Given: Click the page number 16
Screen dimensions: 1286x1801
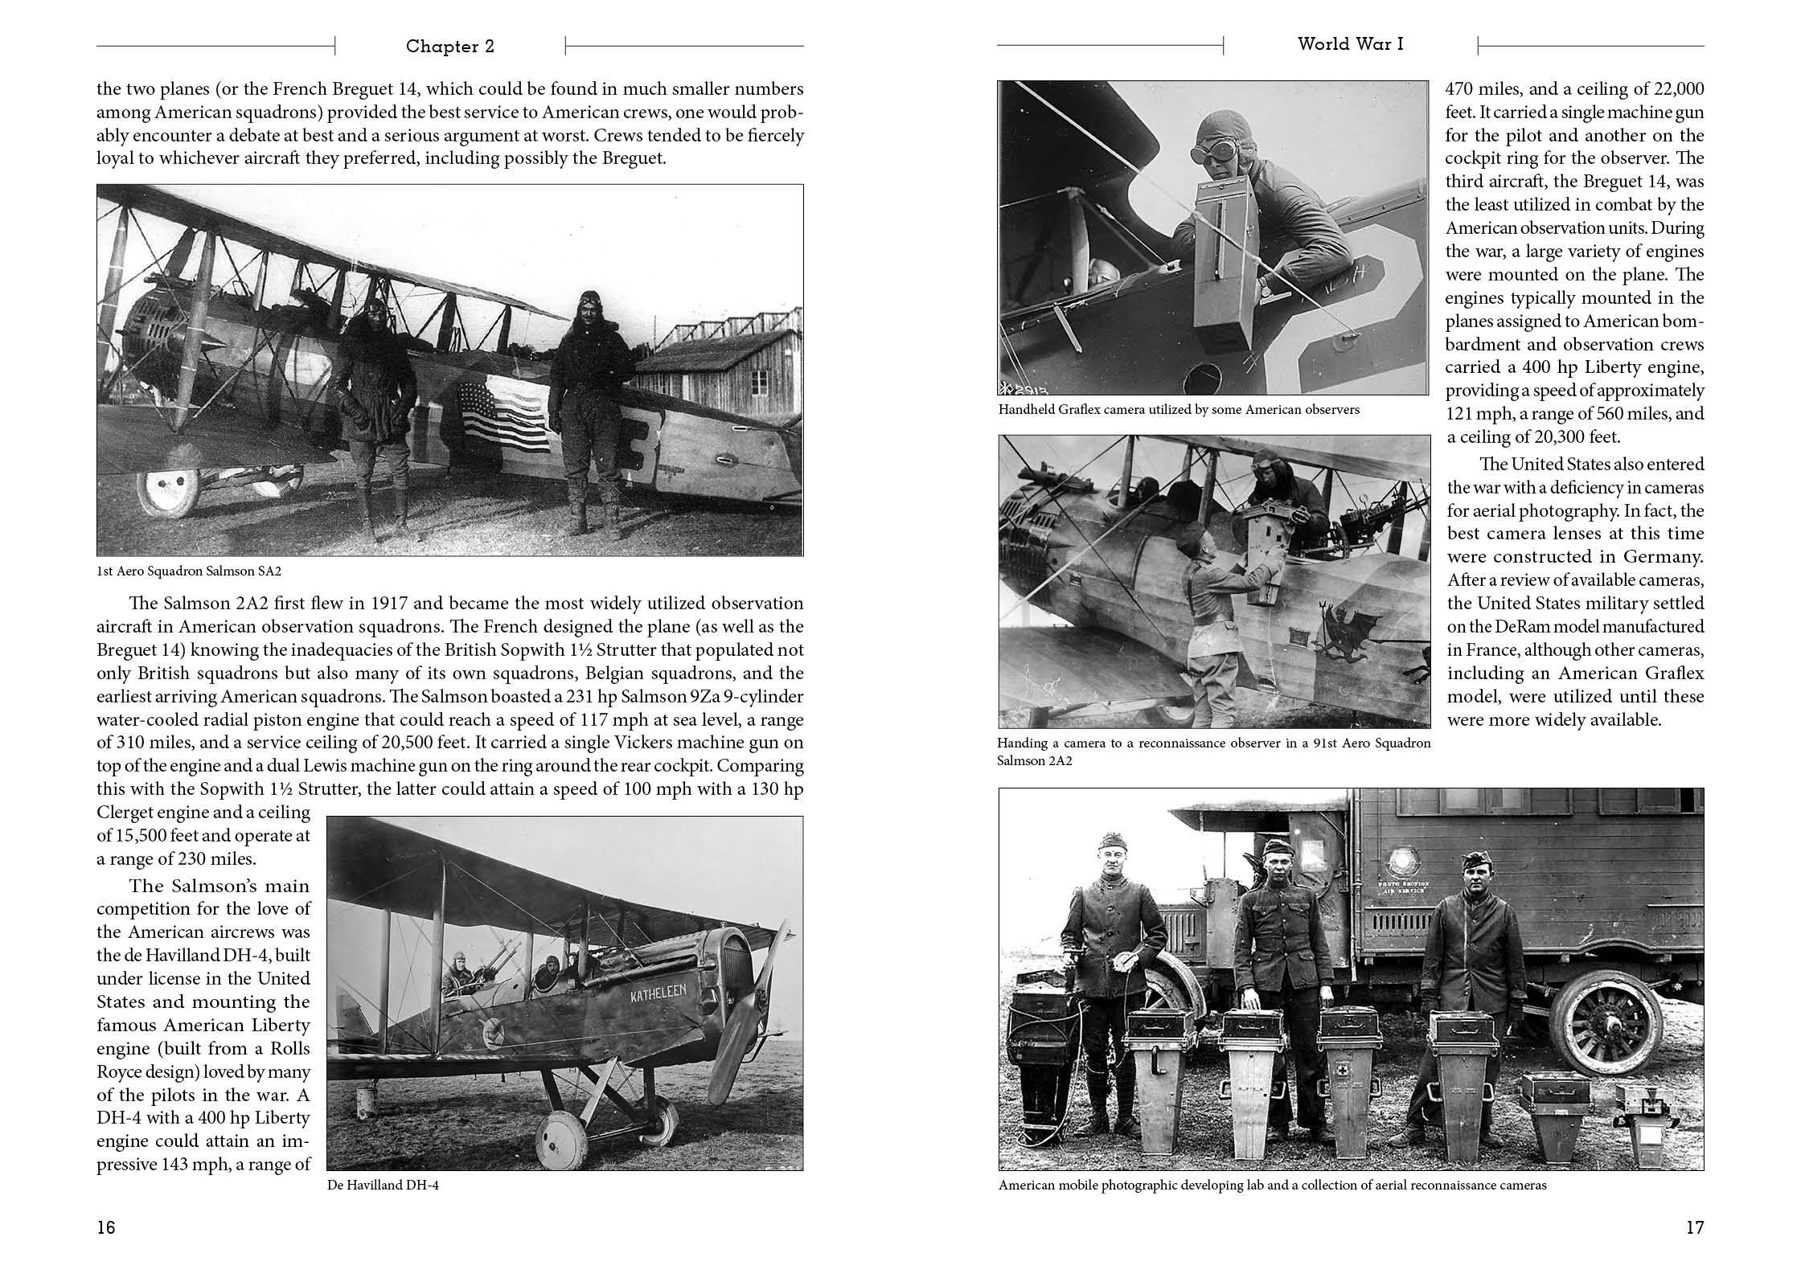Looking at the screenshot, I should (106, 1227).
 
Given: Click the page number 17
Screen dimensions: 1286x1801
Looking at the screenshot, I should (1694, 1227).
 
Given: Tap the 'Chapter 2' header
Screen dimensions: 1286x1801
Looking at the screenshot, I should (449, 47).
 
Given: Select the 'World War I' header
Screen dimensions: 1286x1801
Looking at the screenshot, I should (1350, 44).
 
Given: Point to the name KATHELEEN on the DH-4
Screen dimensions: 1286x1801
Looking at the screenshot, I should (658, 994).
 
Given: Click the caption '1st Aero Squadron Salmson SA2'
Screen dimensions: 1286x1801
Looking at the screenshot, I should (189, 571).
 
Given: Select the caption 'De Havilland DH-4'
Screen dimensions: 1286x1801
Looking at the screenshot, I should (383, 1186).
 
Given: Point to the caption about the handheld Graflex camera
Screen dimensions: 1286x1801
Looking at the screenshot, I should (1179, 410).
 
